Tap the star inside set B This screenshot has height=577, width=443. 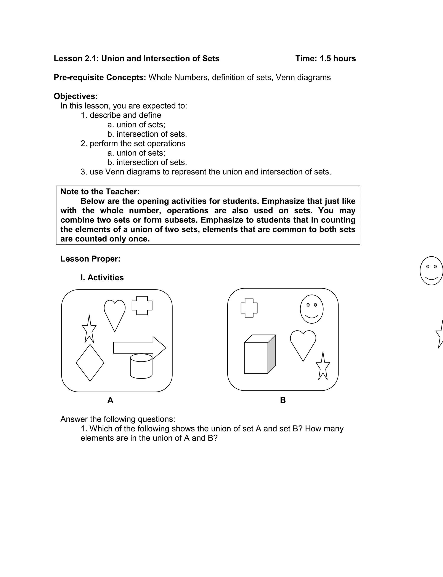pyautogui.click(x=323, y=368)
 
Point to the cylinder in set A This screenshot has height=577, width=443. pyautogui.click(x=141, y=366)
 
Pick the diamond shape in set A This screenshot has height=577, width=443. pyautogui.click(x=90, y=363)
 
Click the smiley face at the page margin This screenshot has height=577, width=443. pyautogui.click(x=431, y=271)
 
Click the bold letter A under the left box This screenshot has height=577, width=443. pyautogui.click(x=110, y=400)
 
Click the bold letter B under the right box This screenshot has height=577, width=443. pyautogui.click(x=283, y=400)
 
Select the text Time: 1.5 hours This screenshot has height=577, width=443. pyautogui.click(x=325, y=59)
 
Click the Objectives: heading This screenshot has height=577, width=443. pyautogui.click(x=76, y=96)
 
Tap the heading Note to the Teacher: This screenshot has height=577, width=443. pyautogui.click(x=100, y=192)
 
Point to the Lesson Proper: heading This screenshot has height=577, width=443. pyautogui.click(x=90, y=259)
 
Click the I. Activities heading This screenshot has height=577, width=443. pyautogui.click(x=102, y=277)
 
